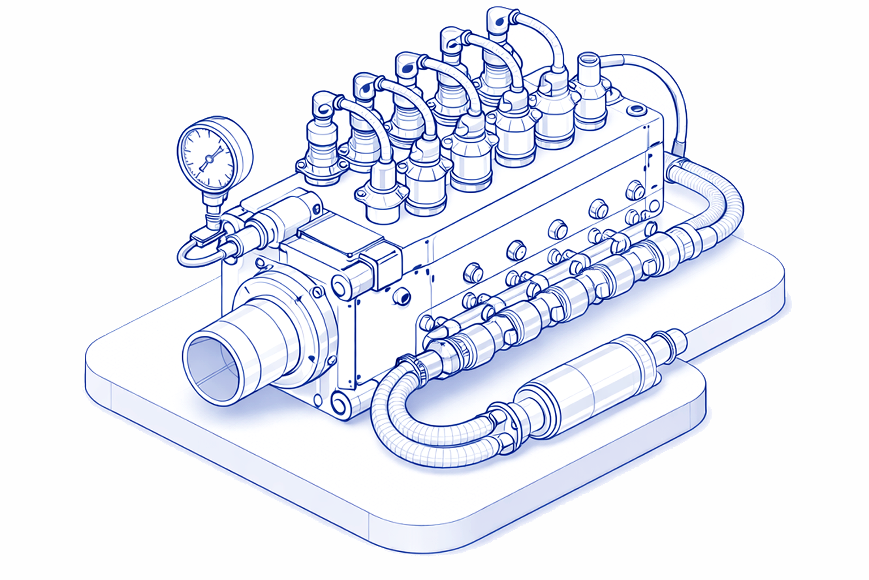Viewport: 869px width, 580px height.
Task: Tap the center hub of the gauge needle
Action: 208,159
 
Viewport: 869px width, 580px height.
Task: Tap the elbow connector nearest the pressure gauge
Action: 324,104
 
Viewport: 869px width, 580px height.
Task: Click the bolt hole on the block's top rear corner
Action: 635,109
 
